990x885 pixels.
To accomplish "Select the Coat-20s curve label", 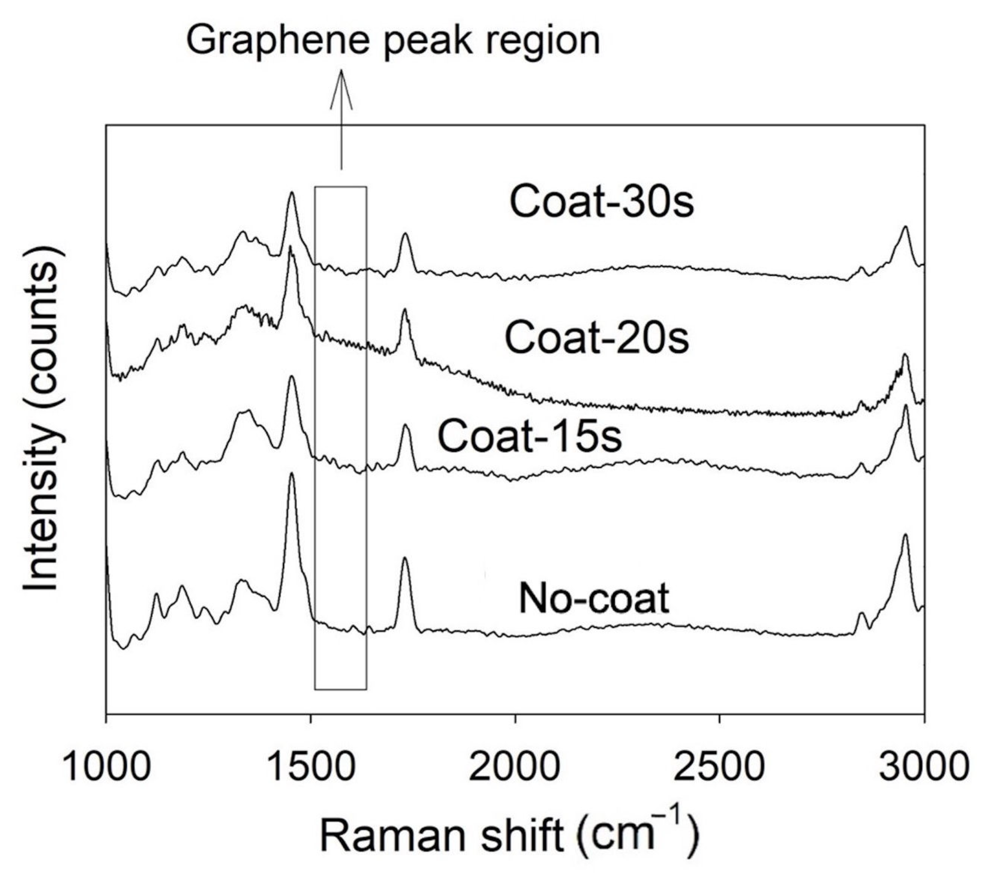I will (597, 338).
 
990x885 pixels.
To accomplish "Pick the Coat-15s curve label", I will (530, 436).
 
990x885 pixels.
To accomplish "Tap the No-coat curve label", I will (594, 599).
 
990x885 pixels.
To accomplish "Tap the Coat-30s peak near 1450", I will (292, 193).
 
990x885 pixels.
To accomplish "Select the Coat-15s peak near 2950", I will (905, 406).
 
